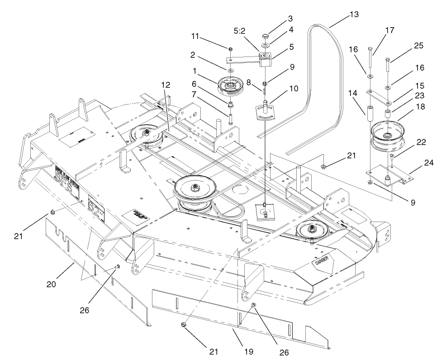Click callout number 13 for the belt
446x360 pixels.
(x=354, y=15)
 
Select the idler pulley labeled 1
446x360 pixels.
(x=236, y=86)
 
